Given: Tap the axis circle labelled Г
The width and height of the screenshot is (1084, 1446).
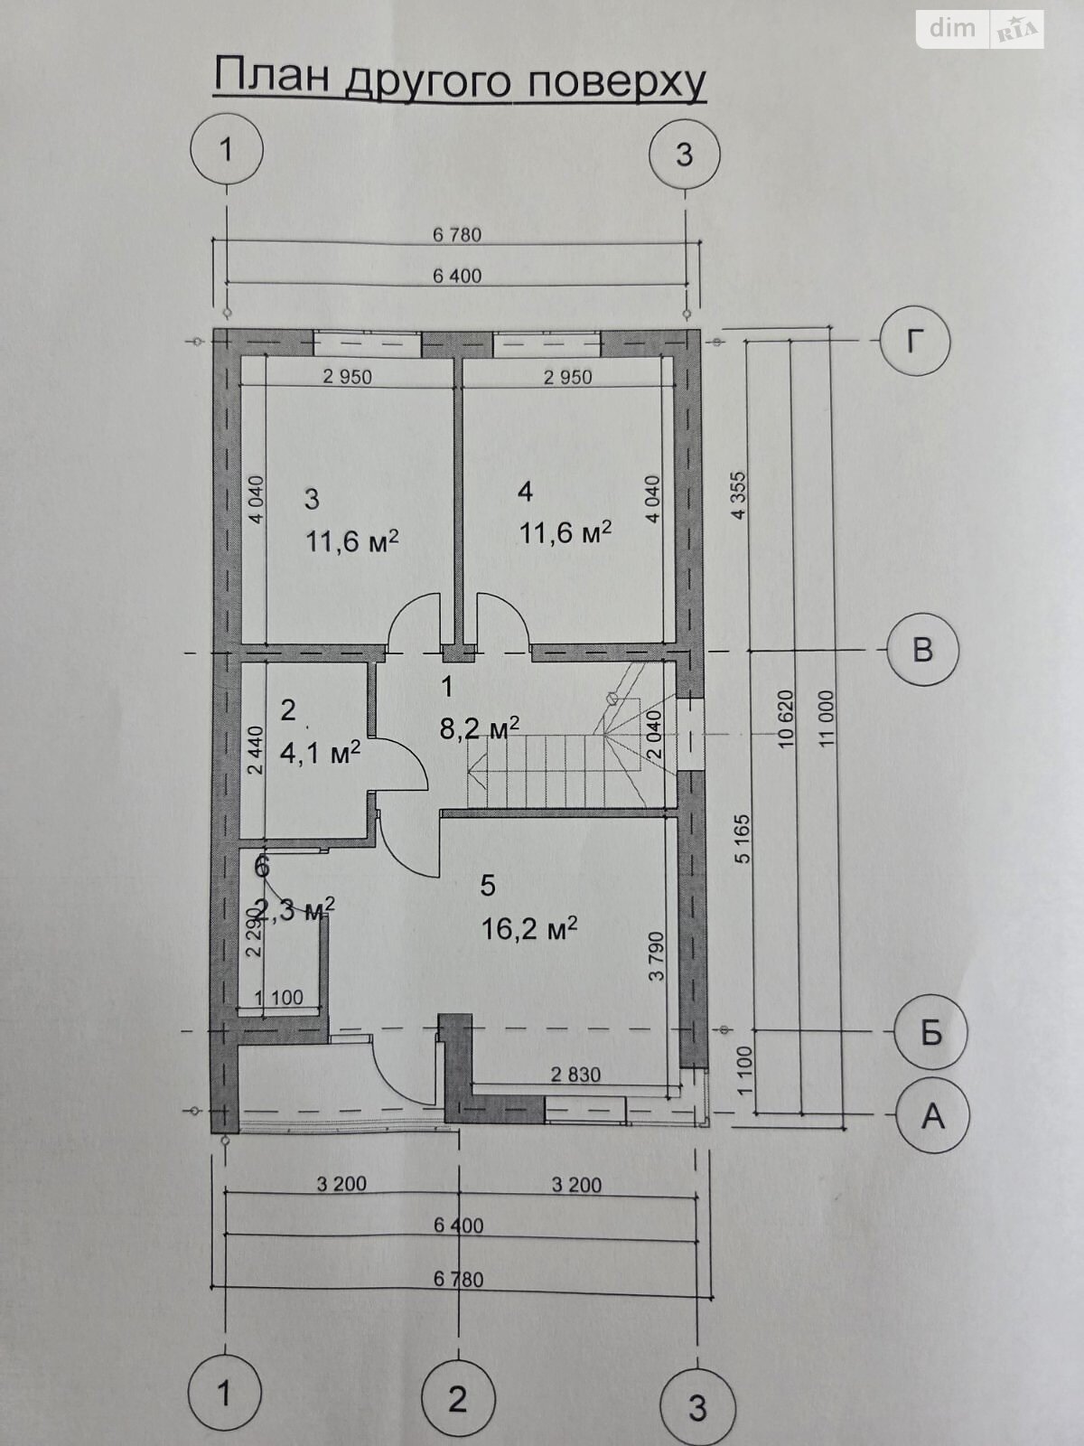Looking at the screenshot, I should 915,342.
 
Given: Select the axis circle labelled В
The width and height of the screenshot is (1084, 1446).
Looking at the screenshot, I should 922,650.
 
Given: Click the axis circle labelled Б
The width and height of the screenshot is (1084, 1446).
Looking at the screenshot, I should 930,1031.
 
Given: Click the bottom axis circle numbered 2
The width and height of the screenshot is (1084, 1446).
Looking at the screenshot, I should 458,1397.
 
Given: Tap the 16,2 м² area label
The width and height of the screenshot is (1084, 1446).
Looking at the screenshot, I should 529,928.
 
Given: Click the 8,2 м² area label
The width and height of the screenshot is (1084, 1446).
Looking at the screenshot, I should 479,728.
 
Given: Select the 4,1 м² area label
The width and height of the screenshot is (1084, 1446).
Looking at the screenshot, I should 321,752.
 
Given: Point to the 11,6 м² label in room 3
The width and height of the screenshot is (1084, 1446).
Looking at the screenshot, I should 352,541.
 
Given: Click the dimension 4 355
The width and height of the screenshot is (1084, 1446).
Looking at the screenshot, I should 741,495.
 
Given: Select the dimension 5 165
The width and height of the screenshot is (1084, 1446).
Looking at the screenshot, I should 743,839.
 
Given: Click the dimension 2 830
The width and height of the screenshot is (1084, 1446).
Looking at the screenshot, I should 575,1074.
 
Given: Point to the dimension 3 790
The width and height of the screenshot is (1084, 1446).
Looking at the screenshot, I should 658,956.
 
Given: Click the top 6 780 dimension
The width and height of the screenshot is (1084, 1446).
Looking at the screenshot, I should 457,235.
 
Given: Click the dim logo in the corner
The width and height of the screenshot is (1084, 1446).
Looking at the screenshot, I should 953,28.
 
